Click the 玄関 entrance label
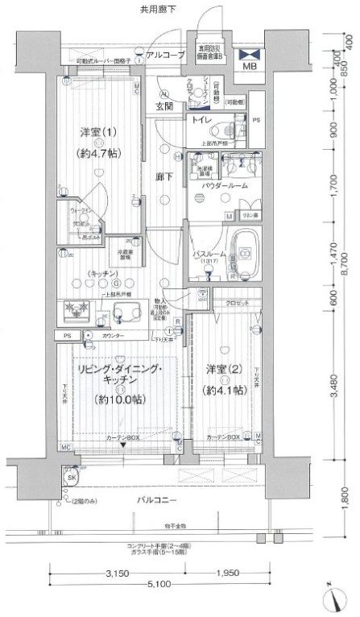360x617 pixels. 164,106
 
